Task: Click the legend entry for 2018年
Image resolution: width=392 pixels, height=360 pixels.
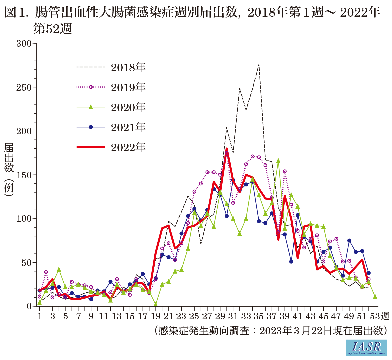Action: (128, 68)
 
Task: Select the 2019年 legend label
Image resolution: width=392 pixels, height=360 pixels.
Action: (128, 87)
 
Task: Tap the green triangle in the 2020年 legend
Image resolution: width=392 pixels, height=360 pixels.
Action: (91, 107)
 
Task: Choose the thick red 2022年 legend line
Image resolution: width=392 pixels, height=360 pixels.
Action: (91, 147)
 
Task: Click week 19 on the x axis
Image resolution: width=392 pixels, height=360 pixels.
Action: (155, 316)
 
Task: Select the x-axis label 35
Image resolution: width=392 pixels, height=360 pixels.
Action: (259, 316)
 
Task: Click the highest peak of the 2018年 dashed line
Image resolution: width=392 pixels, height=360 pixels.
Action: (259, 64)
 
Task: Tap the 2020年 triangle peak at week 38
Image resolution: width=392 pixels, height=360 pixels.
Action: (278, 161)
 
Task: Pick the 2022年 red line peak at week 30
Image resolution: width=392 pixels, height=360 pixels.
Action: (227, 149)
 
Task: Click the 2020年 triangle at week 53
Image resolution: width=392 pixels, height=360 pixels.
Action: (375, 296)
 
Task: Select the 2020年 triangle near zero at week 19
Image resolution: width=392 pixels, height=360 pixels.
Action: (156, 304)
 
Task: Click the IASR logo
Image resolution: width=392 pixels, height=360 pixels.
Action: (366, 347)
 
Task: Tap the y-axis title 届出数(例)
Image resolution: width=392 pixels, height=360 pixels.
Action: (9, 170)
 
